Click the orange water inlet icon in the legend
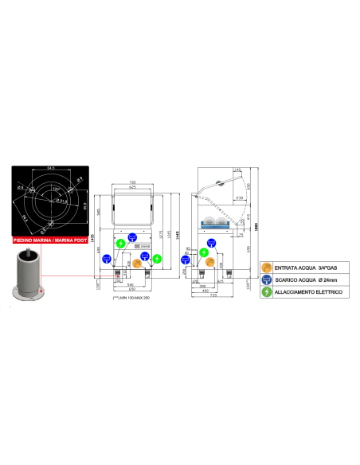tap(267, 267)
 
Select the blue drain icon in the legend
tap(267, 279)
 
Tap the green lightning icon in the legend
tap(267, 293)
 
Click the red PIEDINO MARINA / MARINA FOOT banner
tap(45, 239)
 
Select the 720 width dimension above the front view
tap(133, 182)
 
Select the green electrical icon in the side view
tap(205, 252)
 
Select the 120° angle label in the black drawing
tap(55, 189)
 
